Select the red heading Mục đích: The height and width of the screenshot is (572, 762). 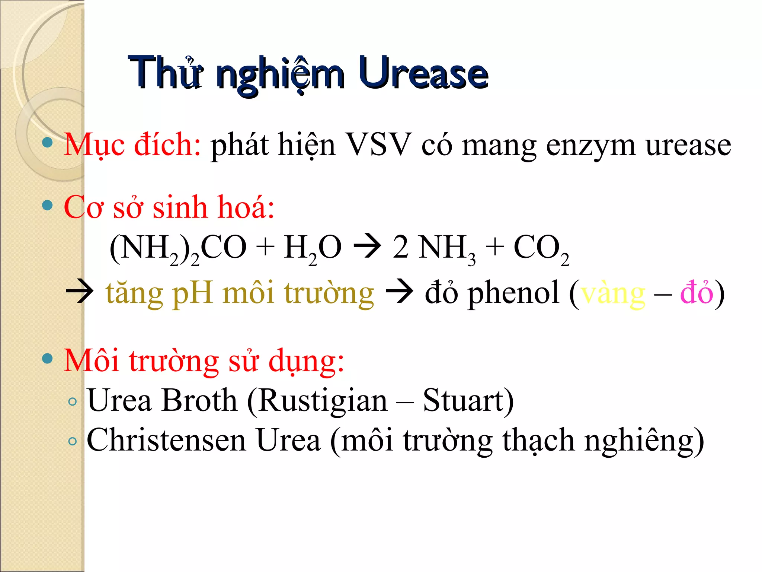tap(132, 144)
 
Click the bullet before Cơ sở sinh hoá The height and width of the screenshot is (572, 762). tap(47, 205)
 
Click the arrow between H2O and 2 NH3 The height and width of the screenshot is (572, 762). tap(367, 246)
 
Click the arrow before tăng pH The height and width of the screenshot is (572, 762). tap(79, 292)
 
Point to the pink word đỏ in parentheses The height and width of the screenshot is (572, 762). tap(697, 292)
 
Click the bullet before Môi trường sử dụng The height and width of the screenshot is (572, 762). tap(47, 359)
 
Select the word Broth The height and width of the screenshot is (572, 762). tap(199, 400)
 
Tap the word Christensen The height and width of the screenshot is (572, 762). tap(166, 440)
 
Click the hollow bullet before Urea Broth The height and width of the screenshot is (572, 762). tap(73, 402)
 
